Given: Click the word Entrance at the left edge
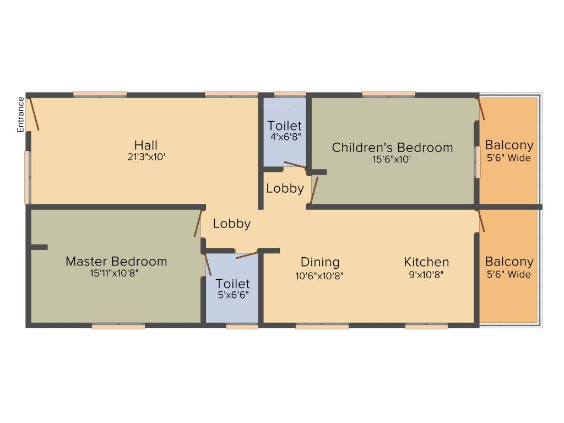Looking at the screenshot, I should (x=21, y=115).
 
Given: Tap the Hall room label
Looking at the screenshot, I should (x=146, y=145).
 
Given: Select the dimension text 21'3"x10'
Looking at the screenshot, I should (x=146, y=156).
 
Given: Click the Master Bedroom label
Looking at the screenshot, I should (x=116, y=261).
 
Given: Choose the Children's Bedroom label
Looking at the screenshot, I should (x=392, y=148).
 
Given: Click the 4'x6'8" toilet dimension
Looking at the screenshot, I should (x=284, y=137).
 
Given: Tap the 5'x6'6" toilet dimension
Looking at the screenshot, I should (x=232, y=294).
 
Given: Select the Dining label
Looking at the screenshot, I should (x=320, y=262).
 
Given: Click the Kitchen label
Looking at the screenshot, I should (x=426, y=262).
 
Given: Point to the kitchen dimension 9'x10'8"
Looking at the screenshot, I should (x=426, y=274).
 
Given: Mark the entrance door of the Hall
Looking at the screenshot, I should (x=34, y=114).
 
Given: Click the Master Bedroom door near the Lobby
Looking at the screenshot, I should (x=198, y=223).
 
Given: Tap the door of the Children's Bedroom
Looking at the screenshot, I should (x=314, y=190).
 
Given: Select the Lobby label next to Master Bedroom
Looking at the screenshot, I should (x=232, y=224).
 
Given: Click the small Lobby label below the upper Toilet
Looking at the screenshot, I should (x=285, y=188).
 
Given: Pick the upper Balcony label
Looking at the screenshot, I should (x=509, y=145).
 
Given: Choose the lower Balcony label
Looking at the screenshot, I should (x=509, y=262).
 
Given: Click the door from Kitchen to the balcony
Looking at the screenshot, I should (x=481, y=220).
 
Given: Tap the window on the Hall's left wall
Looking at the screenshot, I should (x=27, y=177).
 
